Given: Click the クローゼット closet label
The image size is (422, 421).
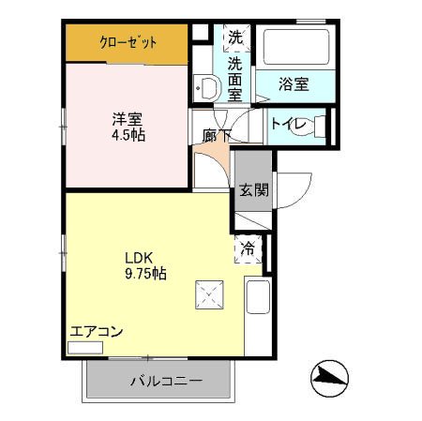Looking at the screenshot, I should (128, 42).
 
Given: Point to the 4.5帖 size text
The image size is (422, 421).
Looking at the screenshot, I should (128, 135).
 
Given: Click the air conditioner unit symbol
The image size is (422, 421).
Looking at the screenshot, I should (85, 347).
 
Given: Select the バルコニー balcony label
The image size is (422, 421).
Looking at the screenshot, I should (158, 382).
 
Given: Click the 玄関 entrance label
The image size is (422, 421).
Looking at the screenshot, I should (252, 189).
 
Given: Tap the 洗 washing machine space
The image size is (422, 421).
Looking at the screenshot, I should (235, 39).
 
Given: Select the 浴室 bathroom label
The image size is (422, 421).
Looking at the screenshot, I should (294, 83).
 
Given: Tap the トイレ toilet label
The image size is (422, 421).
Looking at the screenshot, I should (287, 123).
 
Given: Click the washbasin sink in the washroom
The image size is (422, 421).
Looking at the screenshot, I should (204, 87).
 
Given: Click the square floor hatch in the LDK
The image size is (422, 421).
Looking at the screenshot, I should (206, 295).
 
